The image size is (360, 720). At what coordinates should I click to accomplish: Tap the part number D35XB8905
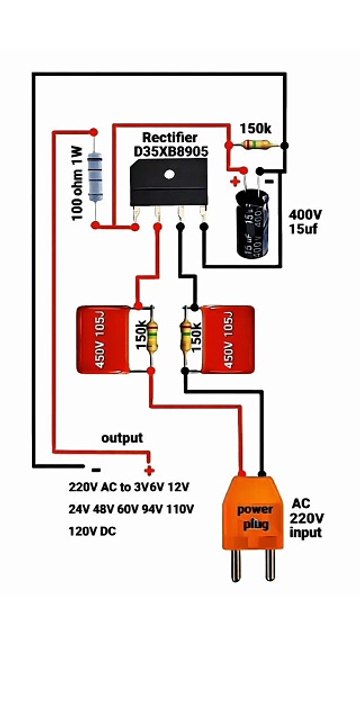(x=169, y=150)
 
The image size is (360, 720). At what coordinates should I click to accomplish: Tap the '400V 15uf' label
(x=306, y=223)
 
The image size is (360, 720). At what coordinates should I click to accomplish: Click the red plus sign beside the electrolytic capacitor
(x=235, y=181)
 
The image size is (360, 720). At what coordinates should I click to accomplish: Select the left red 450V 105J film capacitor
(x=105, y=340)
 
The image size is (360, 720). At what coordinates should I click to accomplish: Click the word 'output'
(x=122, y=438)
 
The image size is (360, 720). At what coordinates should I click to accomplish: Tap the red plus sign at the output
(x=149, y=469)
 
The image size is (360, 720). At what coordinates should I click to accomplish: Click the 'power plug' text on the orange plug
(x=254, y=516)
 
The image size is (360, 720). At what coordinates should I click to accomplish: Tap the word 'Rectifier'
(x=169, y=136)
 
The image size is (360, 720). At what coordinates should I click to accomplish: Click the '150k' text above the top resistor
(x=255, y=129)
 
